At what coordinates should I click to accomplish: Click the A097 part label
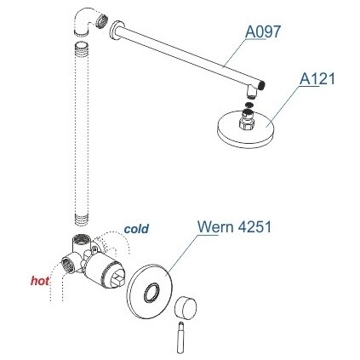coord(263,31)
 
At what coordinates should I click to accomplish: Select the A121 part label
coord(317,78)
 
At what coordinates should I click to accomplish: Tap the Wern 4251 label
coord(234,226)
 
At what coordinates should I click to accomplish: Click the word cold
coord(136,229)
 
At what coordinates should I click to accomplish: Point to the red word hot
coord(40,281)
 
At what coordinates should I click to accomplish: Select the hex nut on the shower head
coord(247,123)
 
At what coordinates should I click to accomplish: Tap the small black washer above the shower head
coord(249,105)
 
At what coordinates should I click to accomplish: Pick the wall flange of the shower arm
coord(115,31)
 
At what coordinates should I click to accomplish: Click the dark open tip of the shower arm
coord(262,85)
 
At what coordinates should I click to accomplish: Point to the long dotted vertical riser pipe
coord(81,134)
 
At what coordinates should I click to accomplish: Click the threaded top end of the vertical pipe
coord(82,47)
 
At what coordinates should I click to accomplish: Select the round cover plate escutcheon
coord(150,291)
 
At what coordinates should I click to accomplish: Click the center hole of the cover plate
coord(151,293)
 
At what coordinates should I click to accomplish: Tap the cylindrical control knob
coord(186,308)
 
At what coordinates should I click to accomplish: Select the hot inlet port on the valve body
coord(67,265)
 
